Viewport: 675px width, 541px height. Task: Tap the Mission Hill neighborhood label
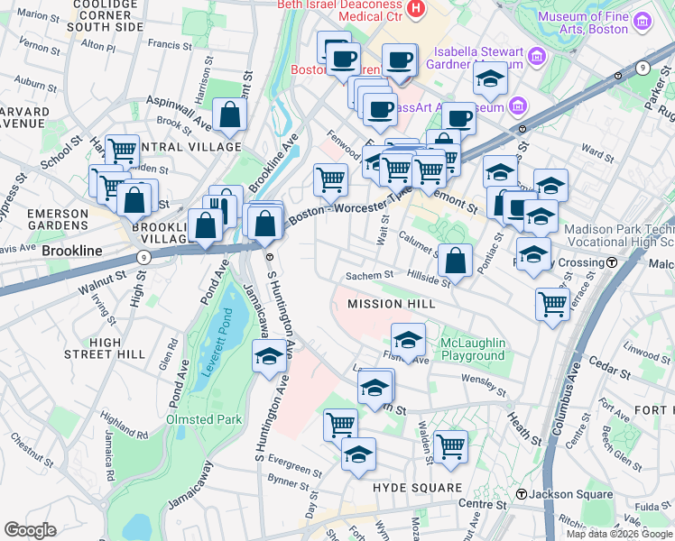(392, 304)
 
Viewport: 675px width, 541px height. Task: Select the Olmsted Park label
(204, 419)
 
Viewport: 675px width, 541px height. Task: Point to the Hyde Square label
(417, 488)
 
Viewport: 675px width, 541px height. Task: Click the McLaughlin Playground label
(472, 349)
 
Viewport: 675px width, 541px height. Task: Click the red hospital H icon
(415, 9)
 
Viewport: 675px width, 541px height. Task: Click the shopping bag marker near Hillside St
(457, 261)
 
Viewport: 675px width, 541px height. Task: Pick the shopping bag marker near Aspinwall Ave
(231, 115)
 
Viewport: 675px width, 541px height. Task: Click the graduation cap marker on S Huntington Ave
(268, 358)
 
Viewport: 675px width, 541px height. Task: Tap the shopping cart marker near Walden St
(449, 445)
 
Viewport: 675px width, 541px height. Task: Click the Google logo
(30, 529)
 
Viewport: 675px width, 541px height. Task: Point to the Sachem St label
(371, 276)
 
